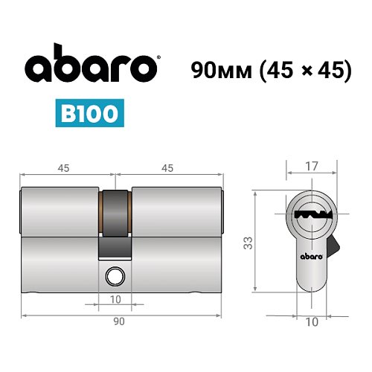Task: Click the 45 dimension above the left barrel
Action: [x=62, y=169]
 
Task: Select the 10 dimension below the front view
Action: [x=312, y=322]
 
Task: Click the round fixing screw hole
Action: [x=115, y=276]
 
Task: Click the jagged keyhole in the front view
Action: [x=312, y=214]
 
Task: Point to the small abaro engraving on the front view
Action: [x=312, y=256]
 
